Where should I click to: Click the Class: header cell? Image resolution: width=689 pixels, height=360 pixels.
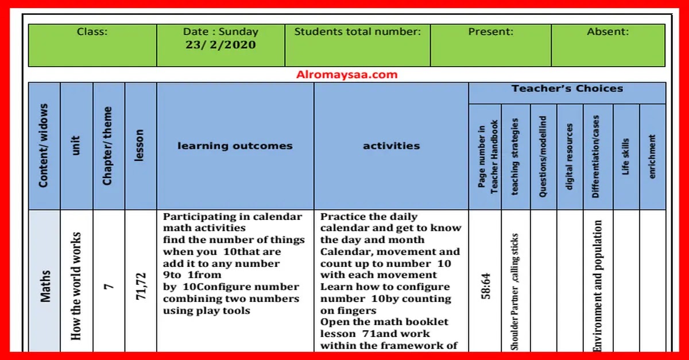[92, 32]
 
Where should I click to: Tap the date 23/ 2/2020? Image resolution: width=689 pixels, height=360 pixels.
[220, 45]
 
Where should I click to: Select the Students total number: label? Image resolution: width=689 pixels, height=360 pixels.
[357, 32]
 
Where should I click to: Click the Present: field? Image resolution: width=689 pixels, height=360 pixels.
[490, 32]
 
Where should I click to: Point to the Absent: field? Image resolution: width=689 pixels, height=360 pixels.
[607, 32]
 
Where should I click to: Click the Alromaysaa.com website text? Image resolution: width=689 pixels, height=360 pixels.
[347, 75]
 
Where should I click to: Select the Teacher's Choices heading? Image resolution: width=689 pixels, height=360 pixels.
[567, 89]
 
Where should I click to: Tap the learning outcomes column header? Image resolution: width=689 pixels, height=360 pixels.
[235, 146]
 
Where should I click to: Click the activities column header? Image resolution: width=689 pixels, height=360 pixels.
[392, 146]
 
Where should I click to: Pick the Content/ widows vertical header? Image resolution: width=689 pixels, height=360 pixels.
[44, 146]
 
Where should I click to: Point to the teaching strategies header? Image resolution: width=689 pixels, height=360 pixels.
[515, 157]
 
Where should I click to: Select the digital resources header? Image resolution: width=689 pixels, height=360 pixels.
[569, 157]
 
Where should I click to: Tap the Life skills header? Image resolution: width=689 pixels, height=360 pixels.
[625, 157]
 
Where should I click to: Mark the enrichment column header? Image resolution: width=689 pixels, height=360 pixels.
[652, 157]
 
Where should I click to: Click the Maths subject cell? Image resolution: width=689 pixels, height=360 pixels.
[45, 286]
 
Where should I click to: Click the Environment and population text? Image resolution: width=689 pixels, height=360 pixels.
[598, 285]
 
